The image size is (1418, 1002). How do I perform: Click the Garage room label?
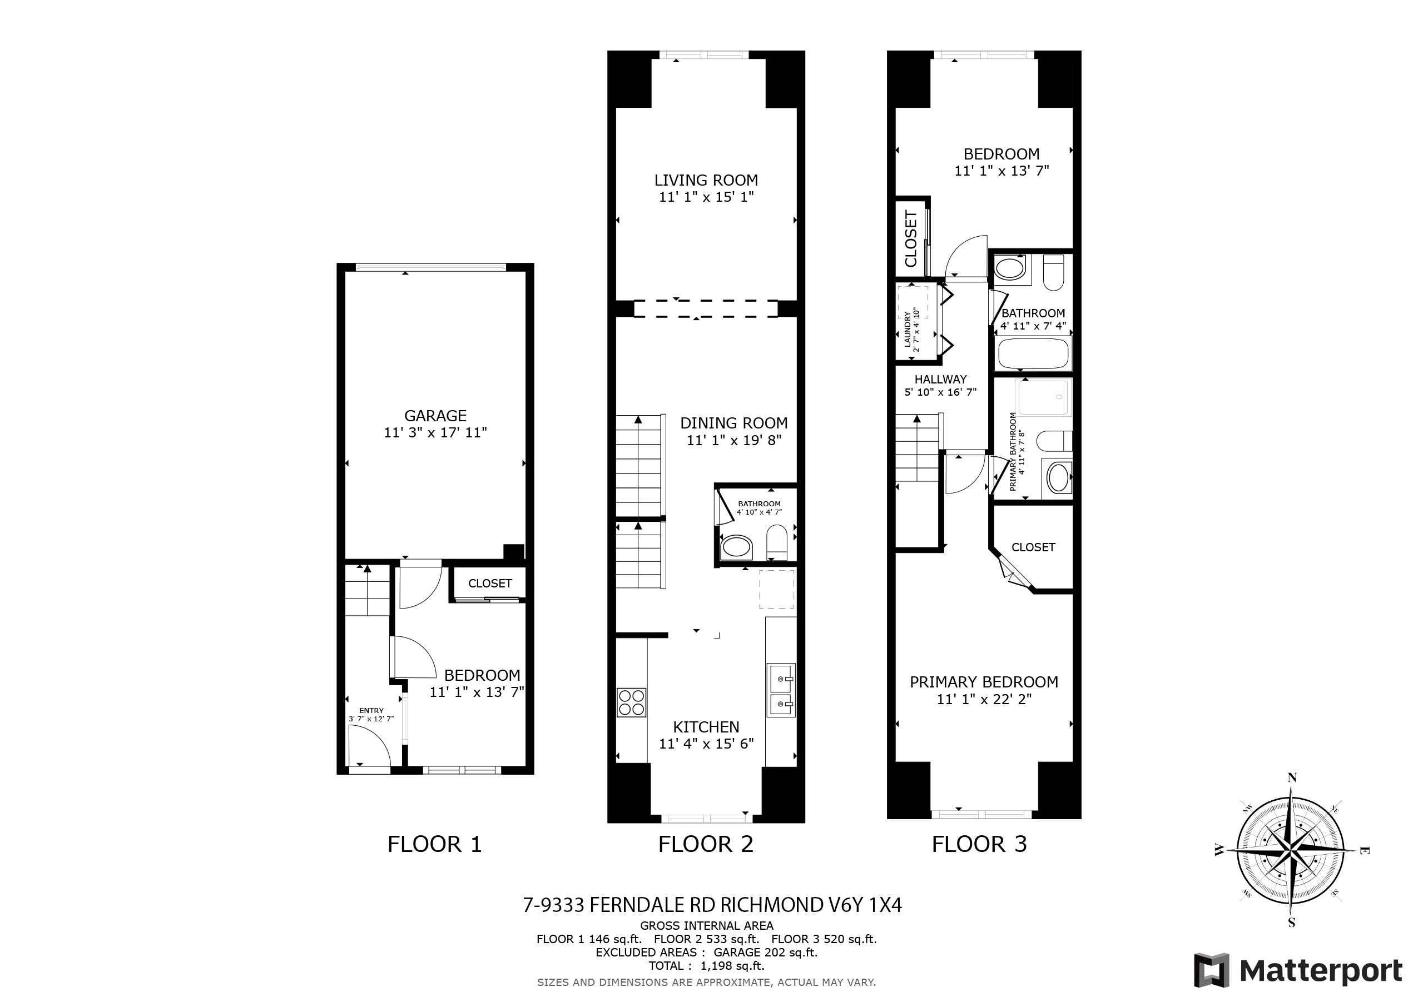point(435,416)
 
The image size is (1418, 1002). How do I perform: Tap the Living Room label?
point(706,180)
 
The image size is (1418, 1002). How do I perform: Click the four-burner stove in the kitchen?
point(631,702)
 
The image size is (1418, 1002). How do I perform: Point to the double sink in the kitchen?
point(781,690)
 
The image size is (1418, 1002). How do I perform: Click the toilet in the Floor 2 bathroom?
point(776,541)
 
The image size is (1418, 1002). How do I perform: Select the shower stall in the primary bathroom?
point(1044,397)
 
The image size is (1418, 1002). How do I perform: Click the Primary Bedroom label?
point(984,682)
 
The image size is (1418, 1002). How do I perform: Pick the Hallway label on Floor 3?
point(940,380)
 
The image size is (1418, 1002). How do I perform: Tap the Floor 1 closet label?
point(490,584)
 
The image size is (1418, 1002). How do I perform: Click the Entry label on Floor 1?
point(371,711)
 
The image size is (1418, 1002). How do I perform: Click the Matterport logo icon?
point(1212,970)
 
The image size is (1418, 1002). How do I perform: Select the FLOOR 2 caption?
point(706,844)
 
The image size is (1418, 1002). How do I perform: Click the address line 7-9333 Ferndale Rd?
point(712,905)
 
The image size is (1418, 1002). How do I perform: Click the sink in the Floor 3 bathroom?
point(1010,268)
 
